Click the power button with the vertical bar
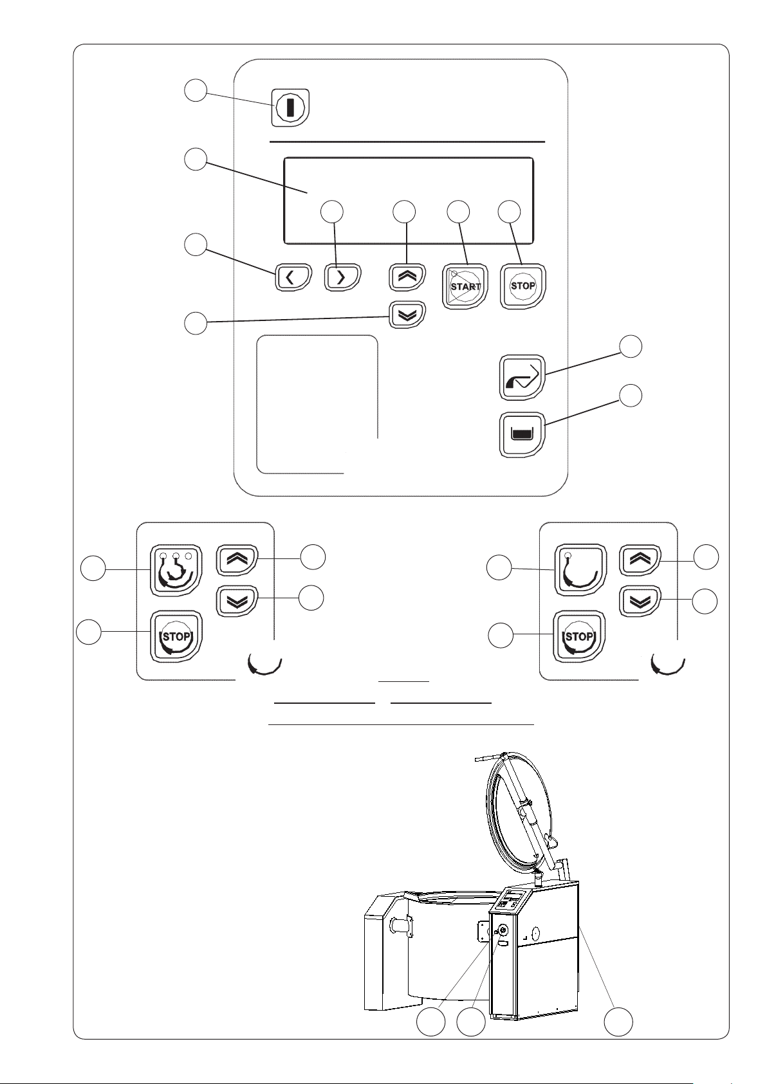point(291,107)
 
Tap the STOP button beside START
point(522,285)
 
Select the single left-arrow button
point(293,278)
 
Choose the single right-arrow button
point(341,278)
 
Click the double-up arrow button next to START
point(407,275)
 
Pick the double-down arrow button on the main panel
point(407,315)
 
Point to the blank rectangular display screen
point(408,201)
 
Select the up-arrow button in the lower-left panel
point(236,559)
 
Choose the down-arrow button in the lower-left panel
point(236,600)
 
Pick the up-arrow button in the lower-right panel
point(640,559)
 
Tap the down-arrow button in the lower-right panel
point(640,600)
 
